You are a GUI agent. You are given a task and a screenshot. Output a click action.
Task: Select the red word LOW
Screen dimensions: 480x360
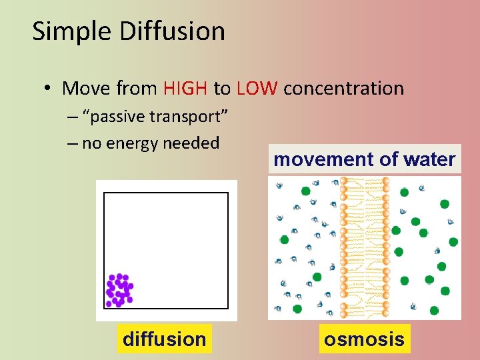(256, 88)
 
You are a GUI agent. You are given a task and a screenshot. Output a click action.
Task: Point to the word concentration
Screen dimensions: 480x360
(343, 88)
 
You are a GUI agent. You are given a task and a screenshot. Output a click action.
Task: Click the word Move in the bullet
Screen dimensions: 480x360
(86, 88)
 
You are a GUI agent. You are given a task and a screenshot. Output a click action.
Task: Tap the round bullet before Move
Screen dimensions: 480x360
(49, 89)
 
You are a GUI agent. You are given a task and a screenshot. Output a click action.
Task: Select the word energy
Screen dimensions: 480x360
(131, 143)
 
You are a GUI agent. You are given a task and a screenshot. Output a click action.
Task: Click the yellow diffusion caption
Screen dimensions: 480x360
(164, 339)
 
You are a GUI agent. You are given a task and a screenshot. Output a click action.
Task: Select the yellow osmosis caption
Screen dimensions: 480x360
(364, 339)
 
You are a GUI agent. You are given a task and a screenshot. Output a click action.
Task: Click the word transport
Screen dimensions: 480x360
(191, 117)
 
